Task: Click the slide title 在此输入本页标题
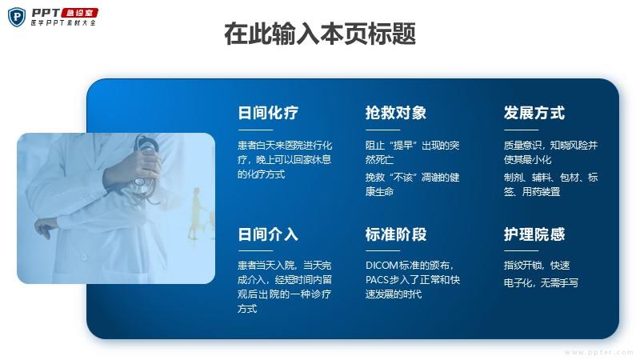pyautogui.click(x=320, y=34)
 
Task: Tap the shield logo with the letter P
pyautogui.click(x=17, y=17)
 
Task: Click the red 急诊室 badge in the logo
pyautogui.click(x=79, y=13)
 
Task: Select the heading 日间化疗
pyautogui.click(x=268, y=113)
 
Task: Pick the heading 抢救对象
pyautogui.click(x=395, y=113)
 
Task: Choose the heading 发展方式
pyautogui.click(x=534, y=113)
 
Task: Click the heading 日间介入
pyautogui.click(x=268, y=234)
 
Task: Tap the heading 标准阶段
pyautogui.click(x=395, y=234)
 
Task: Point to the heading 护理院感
pyautogui.click(x=534, y=234)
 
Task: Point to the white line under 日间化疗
pyautogui.click(x=255, y=130)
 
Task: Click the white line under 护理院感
pyautogui.click(x=521, y=250)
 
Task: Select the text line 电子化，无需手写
pyautogui.click(x=541, y=283)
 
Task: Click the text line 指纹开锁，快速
pyautogui.click(x=536, y=266)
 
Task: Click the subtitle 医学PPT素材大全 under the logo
pyautogui.click(x=63, y=23)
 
